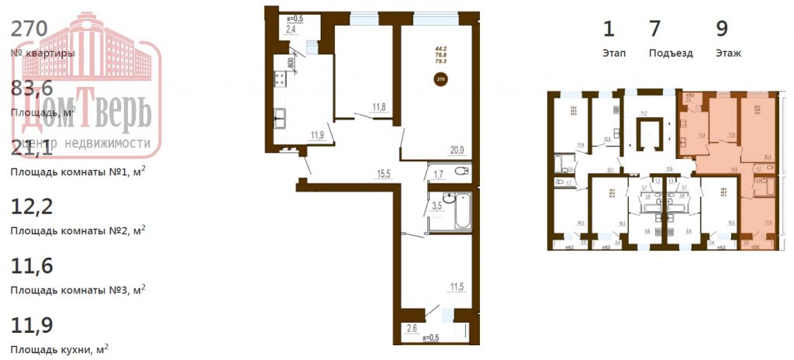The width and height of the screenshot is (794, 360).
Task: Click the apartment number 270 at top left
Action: click(x=30, y=29)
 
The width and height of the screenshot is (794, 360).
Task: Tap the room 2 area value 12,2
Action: click(x=32, y=206)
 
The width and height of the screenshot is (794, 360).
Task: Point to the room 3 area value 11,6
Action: click(x=32, y=266)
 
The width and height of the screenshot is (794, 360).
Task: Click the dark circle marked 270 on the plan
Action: click(x=441, y=79)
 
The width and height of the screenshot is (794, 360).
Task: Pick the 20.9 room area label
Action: click(x=456, y=150)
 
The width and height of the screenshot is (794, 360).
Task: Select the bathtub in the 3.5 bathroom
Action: click(x=461, y=210)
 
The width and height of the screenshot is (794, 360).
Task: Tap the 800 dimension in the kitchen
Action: click(x=291, y=63)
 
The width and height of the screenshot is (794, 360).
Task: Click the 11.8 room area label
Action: click(x=379, y=108)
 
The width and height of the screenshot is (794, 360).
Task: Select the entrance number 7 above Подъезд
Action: click(x=654, y=29)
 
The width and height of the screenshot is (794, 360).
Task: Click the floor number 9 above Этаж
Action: click(x=722, y=29)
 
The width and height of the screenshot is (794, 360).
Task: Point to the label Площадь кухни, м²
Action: click(x=59, y=351)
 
